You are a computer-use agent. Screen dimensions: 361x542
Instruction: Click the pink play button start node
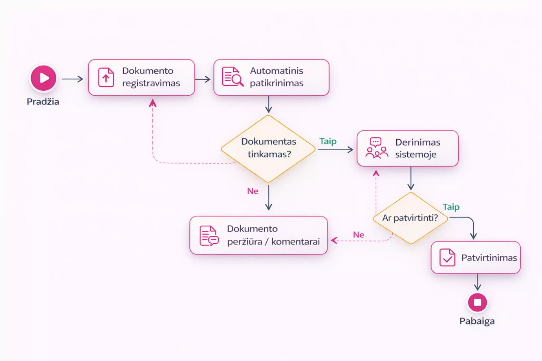tap(43, 78)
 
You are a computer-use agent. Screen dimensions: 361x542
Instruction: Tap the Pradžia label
tap(43, 102)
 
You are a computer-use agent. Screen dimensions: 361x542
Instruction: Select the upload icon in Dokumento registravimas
tap(106, 77)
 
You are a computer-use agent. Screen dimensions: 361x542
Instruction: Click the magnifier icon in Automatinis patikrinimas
tap(233, 77)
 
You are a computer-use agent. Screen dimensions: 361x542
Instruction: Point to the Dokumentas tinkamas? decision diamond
tap(268, 148)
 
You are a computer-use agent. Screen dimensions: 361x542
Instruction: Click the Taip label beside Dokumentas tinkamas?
tap(328, 141)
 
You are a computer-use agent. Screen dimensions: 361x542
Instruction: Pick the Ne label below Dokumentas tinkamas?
tap(253, 191)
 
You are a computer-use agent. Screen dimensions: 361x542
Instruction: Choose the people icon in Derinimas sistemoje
tap(376, 148)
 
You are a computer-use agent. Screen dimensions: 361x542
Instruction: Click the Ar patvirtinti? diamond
tap(410, 218)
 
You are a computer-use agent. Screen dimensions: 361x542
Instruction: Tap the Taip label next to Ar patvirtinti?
tap(451, 207)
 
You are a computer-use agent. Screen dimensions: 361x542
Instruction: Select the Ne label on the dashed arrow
tap(358, 235)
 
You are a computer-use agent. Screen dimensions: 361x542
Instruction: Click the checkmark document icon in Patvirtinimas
tap(447, 258)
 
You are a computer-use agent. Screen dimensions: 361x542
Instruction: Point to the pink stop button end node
tap(477, 303)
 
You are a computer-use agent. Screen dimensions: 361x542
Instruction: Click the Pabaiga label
tap(477, 321)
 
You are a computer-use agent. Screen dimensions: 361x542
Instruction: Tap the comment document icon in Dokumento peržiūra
tap(209, 235)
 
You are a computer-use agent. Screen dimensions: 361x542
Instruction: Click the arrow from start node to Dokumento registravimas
tap(73, 79)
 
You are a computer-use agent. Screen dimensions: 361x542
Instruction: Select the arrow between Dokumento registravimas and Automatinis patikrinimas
tap(203, 79)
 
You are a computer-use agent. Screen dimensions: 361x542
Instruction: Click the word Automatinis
tap(276, 71)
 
